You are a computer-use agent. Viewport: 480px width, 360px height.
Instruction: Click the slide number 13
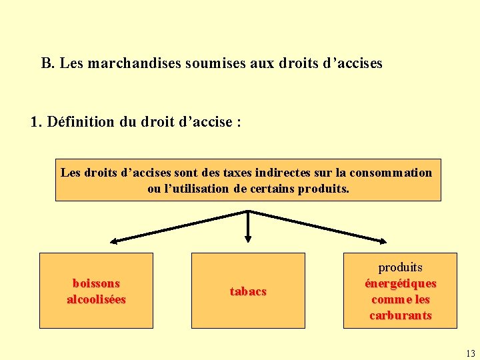pos(471,353)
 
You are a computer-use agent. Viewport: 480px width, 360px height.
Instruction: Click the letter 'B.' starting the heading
pos(47,63)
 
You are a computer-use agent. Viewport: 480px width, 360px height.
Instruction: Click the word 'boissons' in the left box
pos(96,283)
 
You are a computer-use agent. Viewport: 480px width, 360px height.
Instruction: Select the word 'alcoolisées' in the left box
pos(96,299)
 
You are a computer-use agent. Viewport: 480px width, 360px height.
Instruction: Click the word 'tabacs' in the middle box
pos(248,291)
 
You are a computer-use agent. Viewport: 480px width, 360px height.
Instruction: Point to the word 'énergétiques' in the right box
pos(400,283)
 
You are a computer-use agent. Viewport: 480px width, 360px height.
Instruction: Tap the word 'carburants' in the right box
pos(400,315)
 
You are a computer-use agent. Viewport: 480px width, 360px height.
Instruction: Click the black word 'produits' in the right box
pos(400,267)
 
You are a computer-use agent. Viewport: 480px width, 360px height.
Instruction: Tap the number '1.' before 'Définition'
pos(36,122)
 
